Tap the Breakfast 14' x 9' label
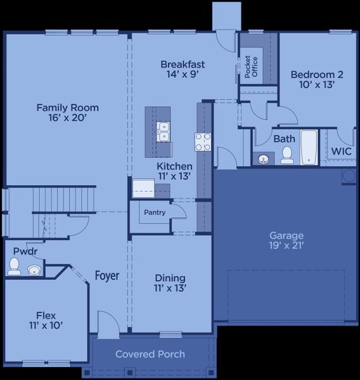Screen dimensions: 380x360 183,69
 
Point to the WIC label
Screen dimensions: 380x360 341,152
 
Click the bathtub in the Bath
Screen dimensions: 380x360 309,147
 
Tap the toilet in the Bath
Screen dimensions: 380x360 287,155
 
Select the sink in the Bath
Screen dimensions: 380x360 263,158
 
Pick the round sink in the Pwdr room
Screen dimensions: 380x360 34,271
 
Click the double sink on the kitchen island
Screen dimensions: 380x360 164,131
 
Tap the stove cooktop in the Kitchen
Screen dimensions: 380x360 203,142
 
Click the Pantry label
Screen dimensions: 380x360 154,213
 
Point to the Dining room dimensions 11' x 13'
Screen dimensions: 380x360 170,289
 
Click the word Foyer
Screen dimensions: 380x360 107,275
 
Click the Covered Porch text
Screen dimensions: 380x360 150,354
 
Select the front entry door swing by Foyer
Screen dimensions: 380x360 108,323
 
